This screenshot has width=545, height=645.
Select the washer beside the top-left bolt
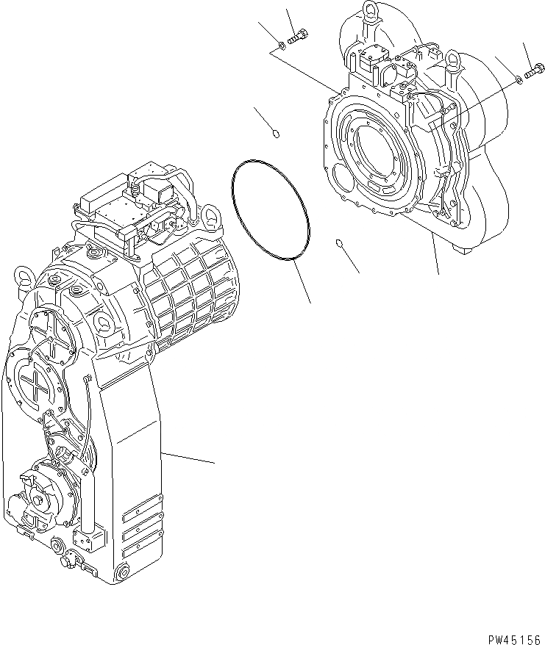coord(282,47)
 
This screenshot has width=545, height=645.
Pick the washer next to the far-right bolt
coord(519,79)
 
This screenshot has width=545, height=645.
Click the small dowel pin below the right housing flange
coord(339,243)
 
